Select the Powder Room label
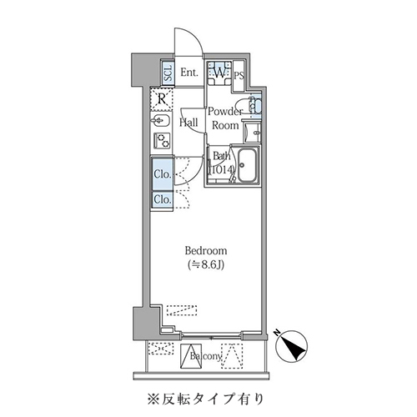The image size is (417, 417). (x=224, y=118)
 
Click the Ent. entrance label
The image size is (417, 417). (x=188, y=73)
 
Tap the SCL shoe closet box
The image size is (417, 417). (x=167, y=73)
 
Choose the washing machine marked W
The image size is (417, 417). (x=219, y=73)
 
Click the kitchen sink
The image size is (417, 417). (x=162, y=123)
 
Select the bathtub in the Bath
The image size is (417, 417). (x=248, y=168)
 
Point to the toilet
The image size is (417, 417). (x=254, y=106)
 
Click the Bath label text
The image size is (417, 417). (x=221, y=156)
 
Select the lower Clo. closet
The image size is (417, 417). (x=163, y=199)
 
